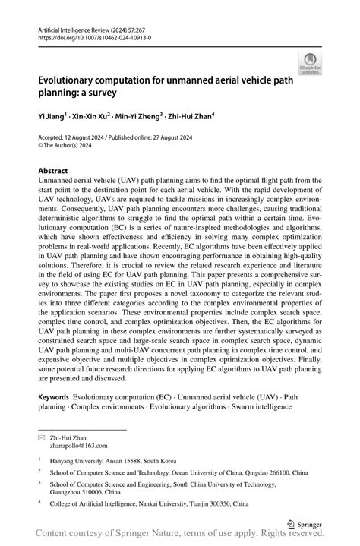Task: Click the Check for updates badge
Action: click(311, 63)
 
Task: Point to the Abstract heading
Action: click(52, 172)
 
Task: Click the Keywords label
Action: click(53, 397)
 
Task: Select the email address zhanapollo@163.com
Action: click(80, 447)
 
